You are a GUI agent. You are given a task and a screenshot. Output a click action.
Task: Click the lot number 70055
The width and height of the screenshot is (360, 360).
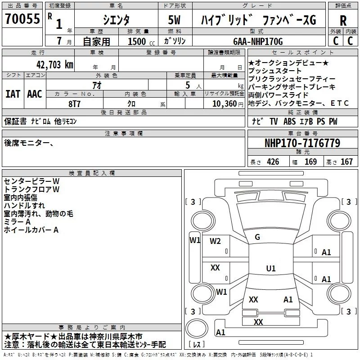tap(22, 18)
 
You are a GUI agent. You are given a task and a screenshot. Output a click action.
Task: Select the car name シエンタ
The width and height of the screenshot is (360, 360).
tap(116, 20)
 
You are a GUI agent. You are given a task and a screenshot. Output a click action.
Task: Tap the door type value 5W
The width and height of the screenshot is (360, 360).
tap(175, 20)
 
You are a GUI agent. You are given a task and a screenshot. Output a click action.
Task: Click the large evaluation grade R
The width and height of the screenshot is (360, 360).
tap(343, 20)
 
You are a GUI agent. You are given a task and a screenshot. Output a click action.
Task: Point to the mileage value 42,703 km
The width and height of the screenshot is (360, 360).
tap(55, 65)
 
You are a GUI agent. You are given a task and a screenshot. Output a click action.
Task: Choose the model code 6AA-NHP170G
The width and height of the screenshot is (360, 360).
tap(258, 41)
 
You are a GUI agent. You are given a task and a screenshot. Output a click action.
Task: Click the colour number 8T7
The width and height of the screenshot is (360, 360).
tap(75, 104)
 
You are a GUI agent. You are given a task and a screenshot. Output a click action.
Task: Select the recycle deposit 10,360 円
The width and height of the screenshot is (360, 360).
tap(228, 104)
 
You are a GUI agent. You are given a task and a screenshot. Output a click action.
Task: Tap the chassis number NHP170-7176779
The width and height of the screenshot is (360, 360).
tap(302, 143)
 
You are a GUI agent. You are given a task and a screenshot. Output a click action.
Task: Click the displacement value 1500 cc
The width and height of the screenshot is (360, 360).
tap(141, 41)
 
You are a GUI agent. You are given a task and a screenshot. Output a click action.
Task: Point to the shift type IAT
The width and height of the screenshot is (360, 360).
tap(13, 94)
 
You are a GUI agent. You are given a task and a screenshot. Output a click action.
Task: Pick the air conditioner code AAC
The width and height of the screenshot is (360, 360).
tap(35, 94)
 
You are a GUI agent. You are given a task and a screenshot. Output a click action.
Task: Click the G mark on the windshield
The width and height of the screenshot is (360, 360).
tap(257, 237)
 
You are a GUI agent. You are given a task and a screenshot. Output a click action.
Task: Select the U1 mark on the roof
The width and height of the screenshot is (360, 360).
tap(271, 268)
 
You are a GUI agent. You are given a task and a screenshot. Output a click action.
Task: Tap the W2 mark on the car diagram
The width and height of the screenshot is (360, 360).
tap(215, 241)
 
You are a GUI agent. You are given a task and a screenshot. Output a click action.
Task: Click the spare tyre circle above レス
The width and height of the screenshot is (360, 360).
tap(197, 328)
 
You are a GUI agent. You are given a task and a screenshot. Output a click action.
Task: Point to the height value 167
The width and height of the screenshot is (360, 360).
tap(346, 162)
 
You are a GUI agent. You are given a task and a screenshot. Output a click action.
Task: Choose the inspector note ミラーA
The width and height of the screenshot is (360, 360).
tap(17, 222)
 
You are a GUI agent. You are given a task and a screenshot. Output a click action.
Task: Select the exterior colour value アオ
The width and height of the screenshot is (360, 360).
tap(97, 85)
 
